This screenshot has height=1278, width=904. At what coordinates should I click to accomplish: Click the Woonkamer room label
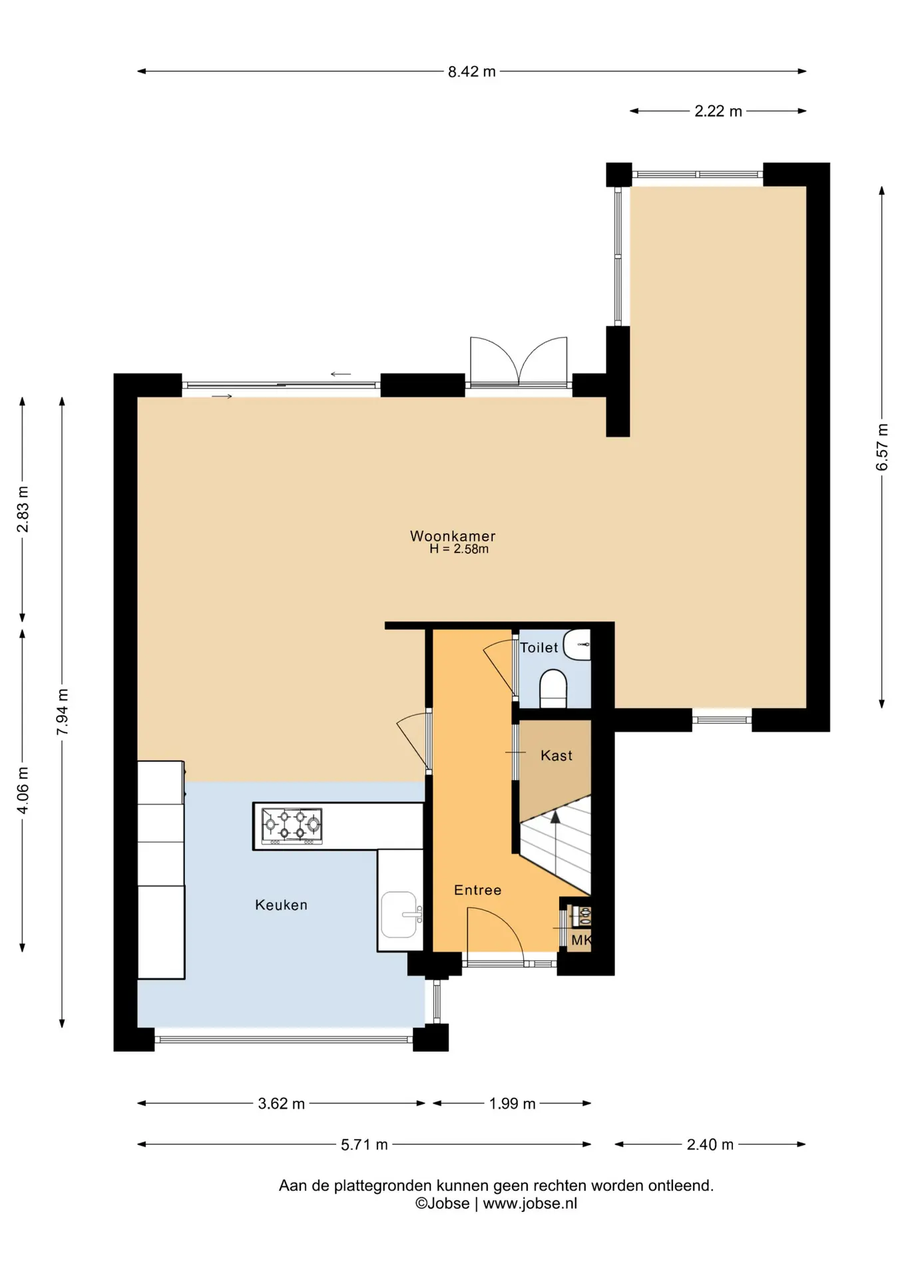tap(453, 536)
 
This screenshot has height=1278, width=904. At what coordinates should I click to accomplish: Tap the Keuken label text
tap(282, 905)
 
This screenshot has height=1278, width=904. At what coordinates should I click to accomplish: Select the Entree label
tap(478, 890)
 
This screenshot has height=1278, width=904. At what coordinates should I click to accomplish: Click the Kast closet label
tap(557, 755)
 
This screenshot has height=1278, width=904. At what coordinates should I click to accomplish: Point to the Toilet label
tap(539, 648)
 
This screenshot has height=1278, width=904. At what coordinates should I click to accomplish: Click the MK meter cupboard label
tap(581, 941)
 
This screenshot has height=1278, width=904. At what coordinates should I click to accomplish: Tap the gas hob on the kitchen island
tap(292, 826)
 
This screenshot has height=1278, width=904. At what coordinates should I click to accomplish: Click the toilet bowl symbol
tap(553, 689)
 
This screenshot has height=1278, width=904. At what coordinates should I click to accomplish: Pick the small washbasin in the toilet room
tap(577, 645)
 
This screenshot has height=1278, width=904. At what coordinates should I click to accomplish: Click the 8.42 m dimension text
tap(472, 72)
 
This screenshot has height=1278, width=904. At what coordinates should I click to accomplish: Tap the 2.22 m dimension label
tap(718, 111)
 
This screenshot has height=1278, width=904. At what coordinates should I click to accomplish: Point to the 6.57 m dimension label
tap(882, 447)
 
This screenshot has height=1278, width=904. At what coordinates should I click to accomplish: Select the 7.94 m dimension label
tap(63, 712)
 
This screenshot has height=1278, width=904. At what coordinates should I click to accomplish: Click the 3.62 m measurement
tap(282, 1104)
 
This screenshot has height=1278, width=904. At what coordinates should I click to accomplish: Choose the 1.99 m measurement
tap(513, 1104)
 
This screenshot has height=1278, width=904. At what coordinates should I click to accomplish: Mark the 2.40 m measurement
tap(710, 1144)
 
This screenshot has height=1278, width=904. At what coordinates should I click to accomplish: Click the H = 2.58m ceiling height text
tap(459, 549)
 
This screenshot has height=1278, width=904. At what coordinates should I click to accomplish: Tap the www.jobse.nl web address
tap(530, 1203)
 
